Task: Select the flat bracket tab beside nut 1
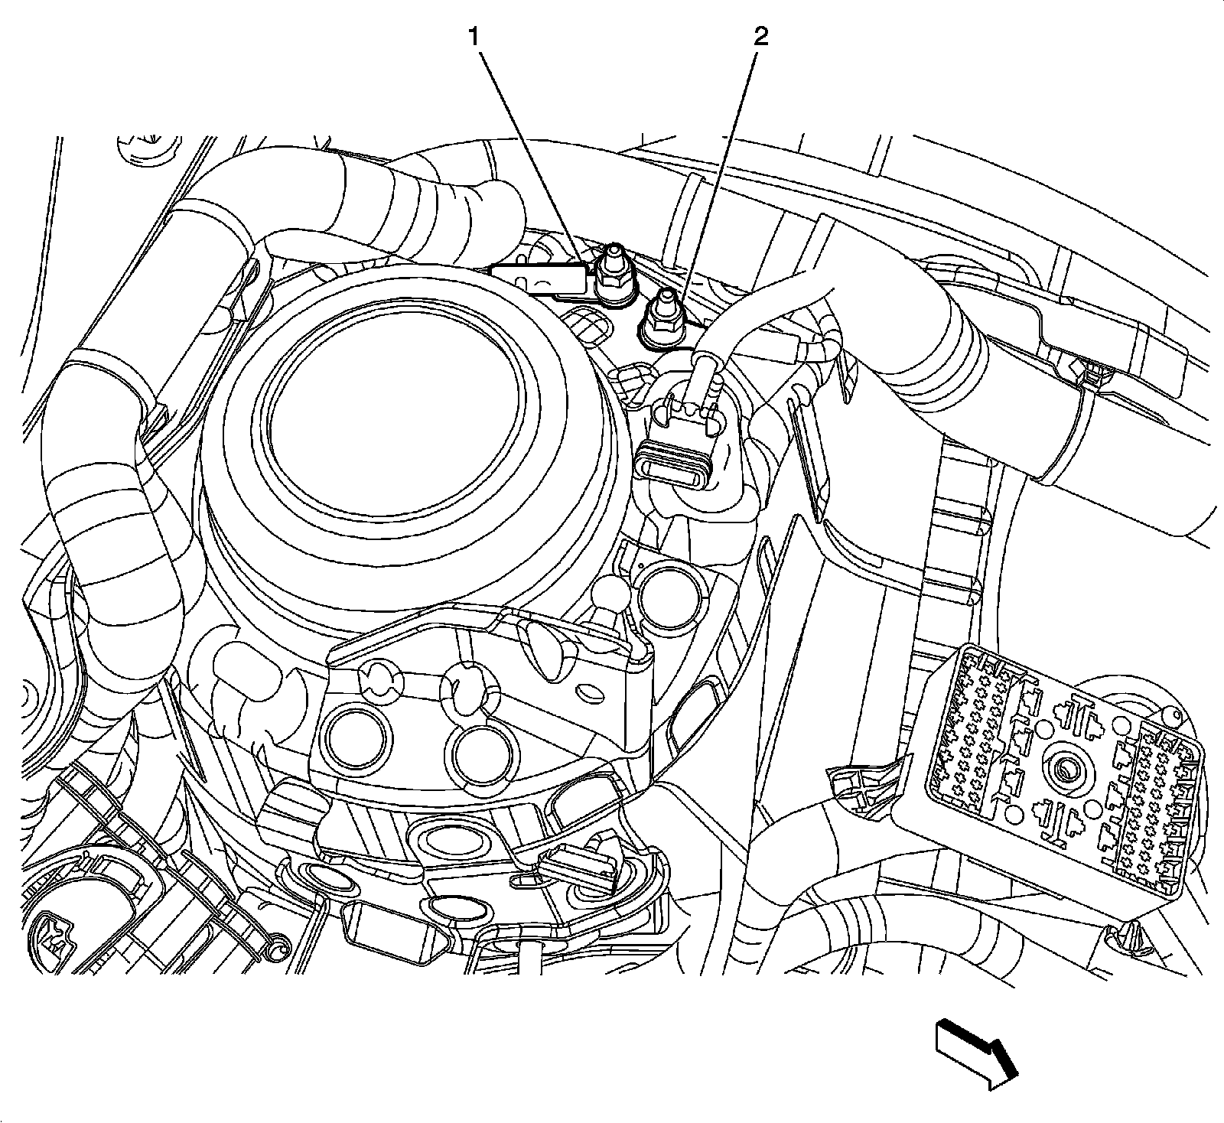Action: click(539, 278)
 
